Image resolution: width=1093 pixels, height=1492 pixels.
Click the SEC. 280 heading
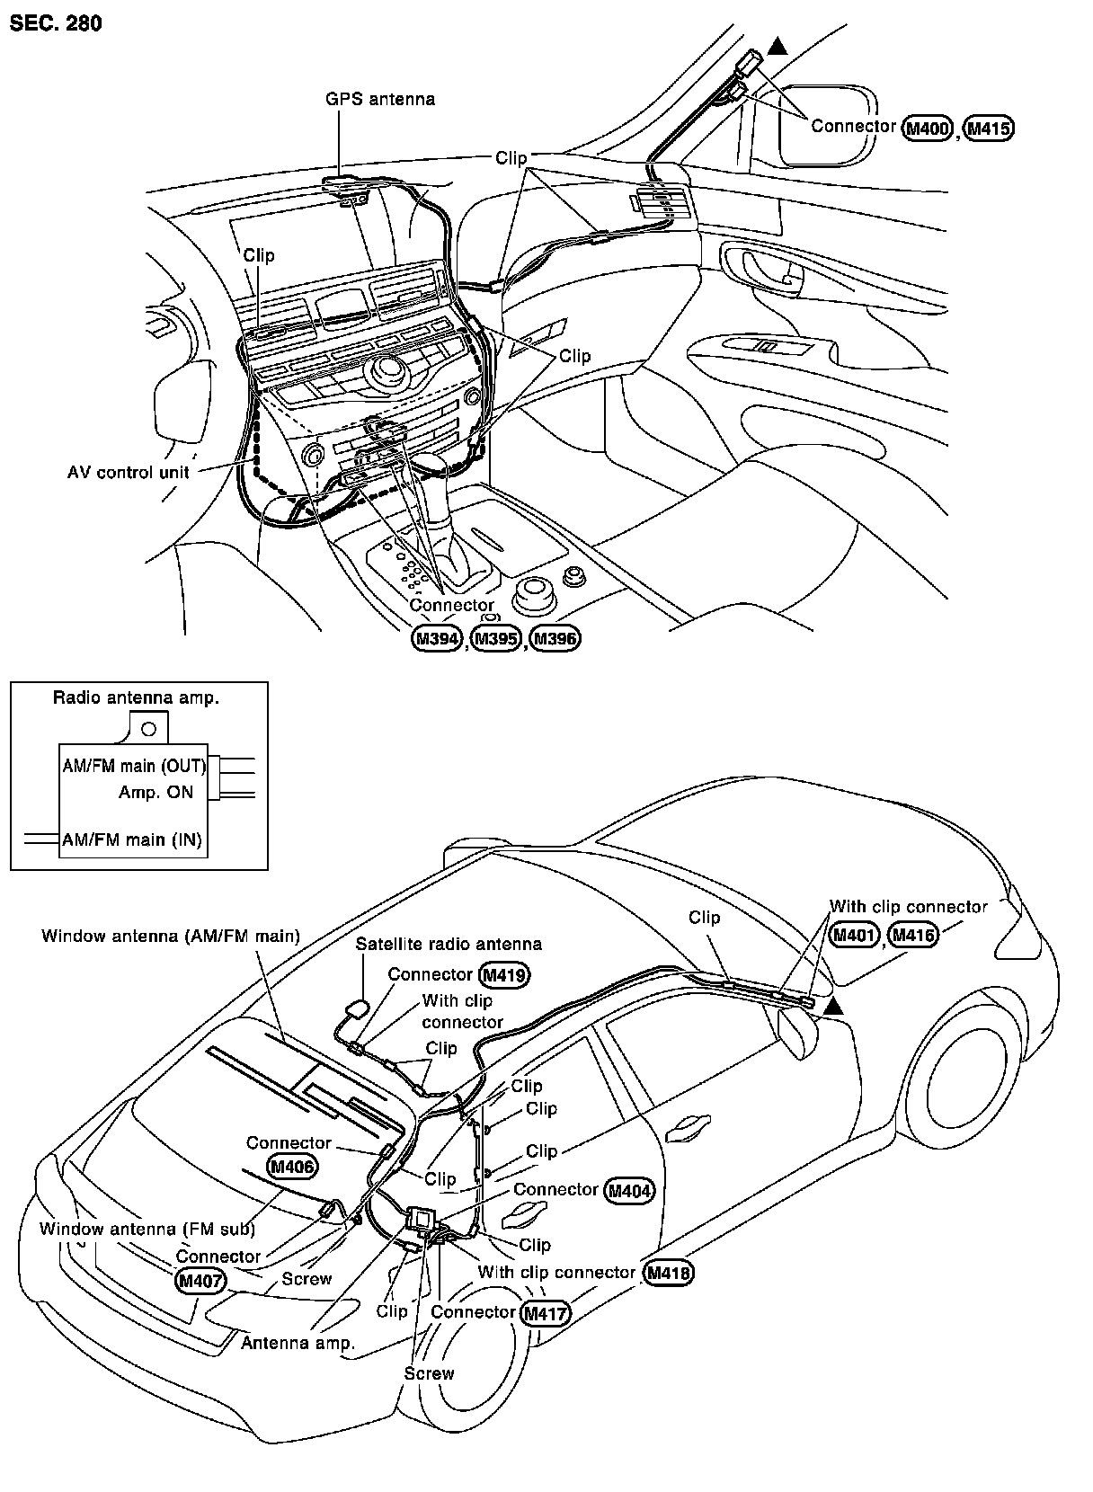[56, 23]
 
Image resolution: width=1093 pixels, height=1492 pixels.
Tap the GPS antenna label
[379, 99]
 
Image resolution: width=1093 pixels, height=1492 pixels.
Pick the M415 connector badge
[989, 129]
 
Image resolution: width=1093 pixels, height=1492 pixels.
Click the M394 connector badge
[437, 639]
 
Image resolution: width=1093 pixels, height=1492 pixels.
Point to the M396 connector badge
[555, 639]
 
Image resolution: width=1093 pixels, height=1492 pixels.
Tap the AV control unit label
[129, 473]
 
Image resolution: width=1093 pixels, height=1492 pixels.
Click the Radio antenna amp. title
[136, 697]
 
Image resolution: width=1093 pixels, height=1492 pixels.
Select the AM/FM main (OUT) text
[134, 767]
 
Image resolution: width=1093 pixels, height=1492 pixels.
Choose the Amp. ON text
[156, 793]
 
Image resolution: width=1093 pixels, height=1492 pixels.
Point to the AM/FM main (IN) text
[131, 840]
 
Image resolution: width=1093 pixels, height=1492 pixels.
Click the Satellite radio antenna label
[449, 944]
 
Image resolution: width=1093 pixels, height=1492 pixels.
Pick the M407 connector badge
[200, 1281]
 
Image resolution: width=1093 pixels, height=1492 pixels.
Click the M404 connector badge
[629, 1192]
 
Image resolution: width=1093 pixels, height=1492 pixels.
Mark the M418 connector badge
[670, 1274]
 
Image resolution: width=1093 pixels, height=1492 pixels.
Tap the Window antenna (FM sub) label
[147, 1230]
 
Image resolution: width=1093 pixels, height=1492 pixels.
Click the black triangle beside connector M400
[778, 47]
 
